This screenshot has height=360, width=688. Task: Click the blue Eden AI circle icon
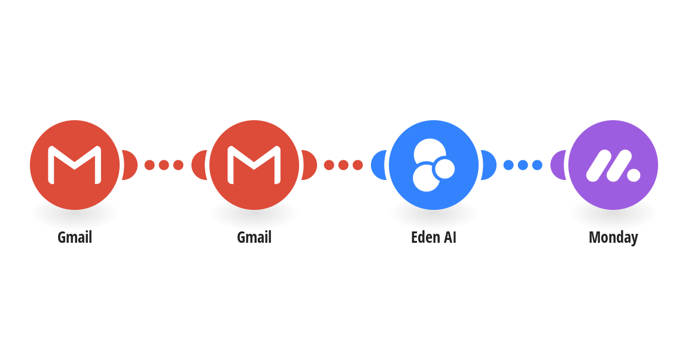click(434, 165)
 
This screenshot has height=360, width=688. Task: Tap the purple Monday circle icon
click(613, 165)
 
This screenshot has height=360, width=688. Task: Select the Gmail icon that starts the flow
click(75, 165)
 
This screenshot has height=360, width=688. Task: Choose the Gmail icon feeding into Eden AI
click(254, 165)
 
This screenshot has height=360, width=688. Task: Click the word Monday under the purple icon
click(613, 237)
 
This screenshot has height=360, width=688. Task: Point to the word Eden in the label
click(426, 237)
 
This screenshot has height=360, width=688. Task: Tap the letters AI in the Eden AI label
click(450, 237)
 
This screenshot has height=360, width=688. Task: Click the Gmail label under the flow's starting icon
click(75, 237)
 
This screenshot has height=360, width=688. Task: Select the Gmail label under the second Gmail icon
click(254, 237)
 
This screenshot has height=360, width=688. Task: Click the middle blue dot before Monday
click(523, 165)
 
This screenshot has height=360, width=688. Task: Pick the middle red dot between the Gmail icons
click(164, 165)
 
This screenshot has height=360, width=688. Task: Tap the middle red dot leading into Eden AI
click(343, 165)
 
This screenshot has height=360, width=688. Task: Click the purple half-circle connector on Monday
click(557, 165)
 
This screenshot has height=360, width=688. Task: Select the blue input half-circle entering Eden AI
click(378, 165)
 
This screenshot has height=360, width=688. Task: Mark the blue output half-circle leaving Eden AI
click(489, 165)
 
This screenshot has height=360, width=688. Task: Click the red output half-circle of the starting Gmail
click(130, 165)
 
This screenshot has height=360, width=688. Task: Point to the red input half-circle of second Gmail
click(199, 165)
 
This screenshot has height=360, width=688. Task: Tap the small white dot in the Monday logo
click(634, 175)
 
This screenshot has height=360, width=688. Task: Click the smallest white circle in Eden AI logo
click(445, 169)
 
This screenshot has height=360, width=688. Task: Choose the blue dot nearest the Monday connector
click(537, 165)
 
